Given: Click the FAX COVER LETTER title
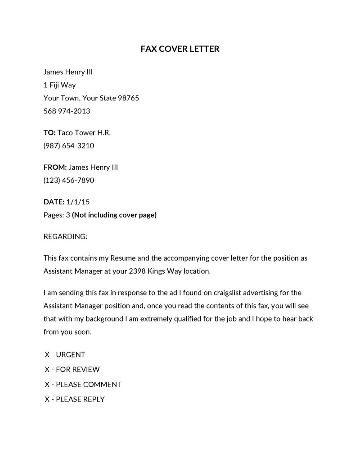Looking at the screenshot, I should (180, 49).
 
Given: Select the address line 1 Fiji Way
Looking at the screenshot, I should (59, 85).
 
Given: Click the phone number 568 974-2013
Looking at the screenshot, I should (67, 111).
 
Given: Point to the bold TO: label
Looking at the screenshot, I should (49, 133).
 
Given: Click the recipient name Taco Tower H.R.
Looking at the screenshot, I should (84, 133).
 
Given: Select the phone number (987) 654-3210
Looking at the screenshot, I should (69, 146).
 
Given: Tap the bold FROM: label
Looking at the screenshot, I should (55, 167).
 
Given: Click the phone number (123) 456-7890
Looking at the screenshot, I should (69, 181).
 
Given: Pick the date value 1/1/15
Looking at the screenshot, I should (78, 202).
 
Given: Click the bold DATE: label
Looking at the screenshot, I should (54, 202).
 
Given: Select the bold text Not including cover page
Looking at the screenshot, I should (114, 215).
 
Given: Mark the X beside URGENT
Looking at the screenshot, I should (47, 355).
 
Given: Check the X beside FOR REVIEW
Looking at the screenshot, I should (47, 370).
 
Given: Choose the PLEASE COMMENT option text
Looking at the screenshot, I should (88, 384).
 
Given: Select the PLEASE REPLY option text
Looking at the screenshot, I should (80, 399).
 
